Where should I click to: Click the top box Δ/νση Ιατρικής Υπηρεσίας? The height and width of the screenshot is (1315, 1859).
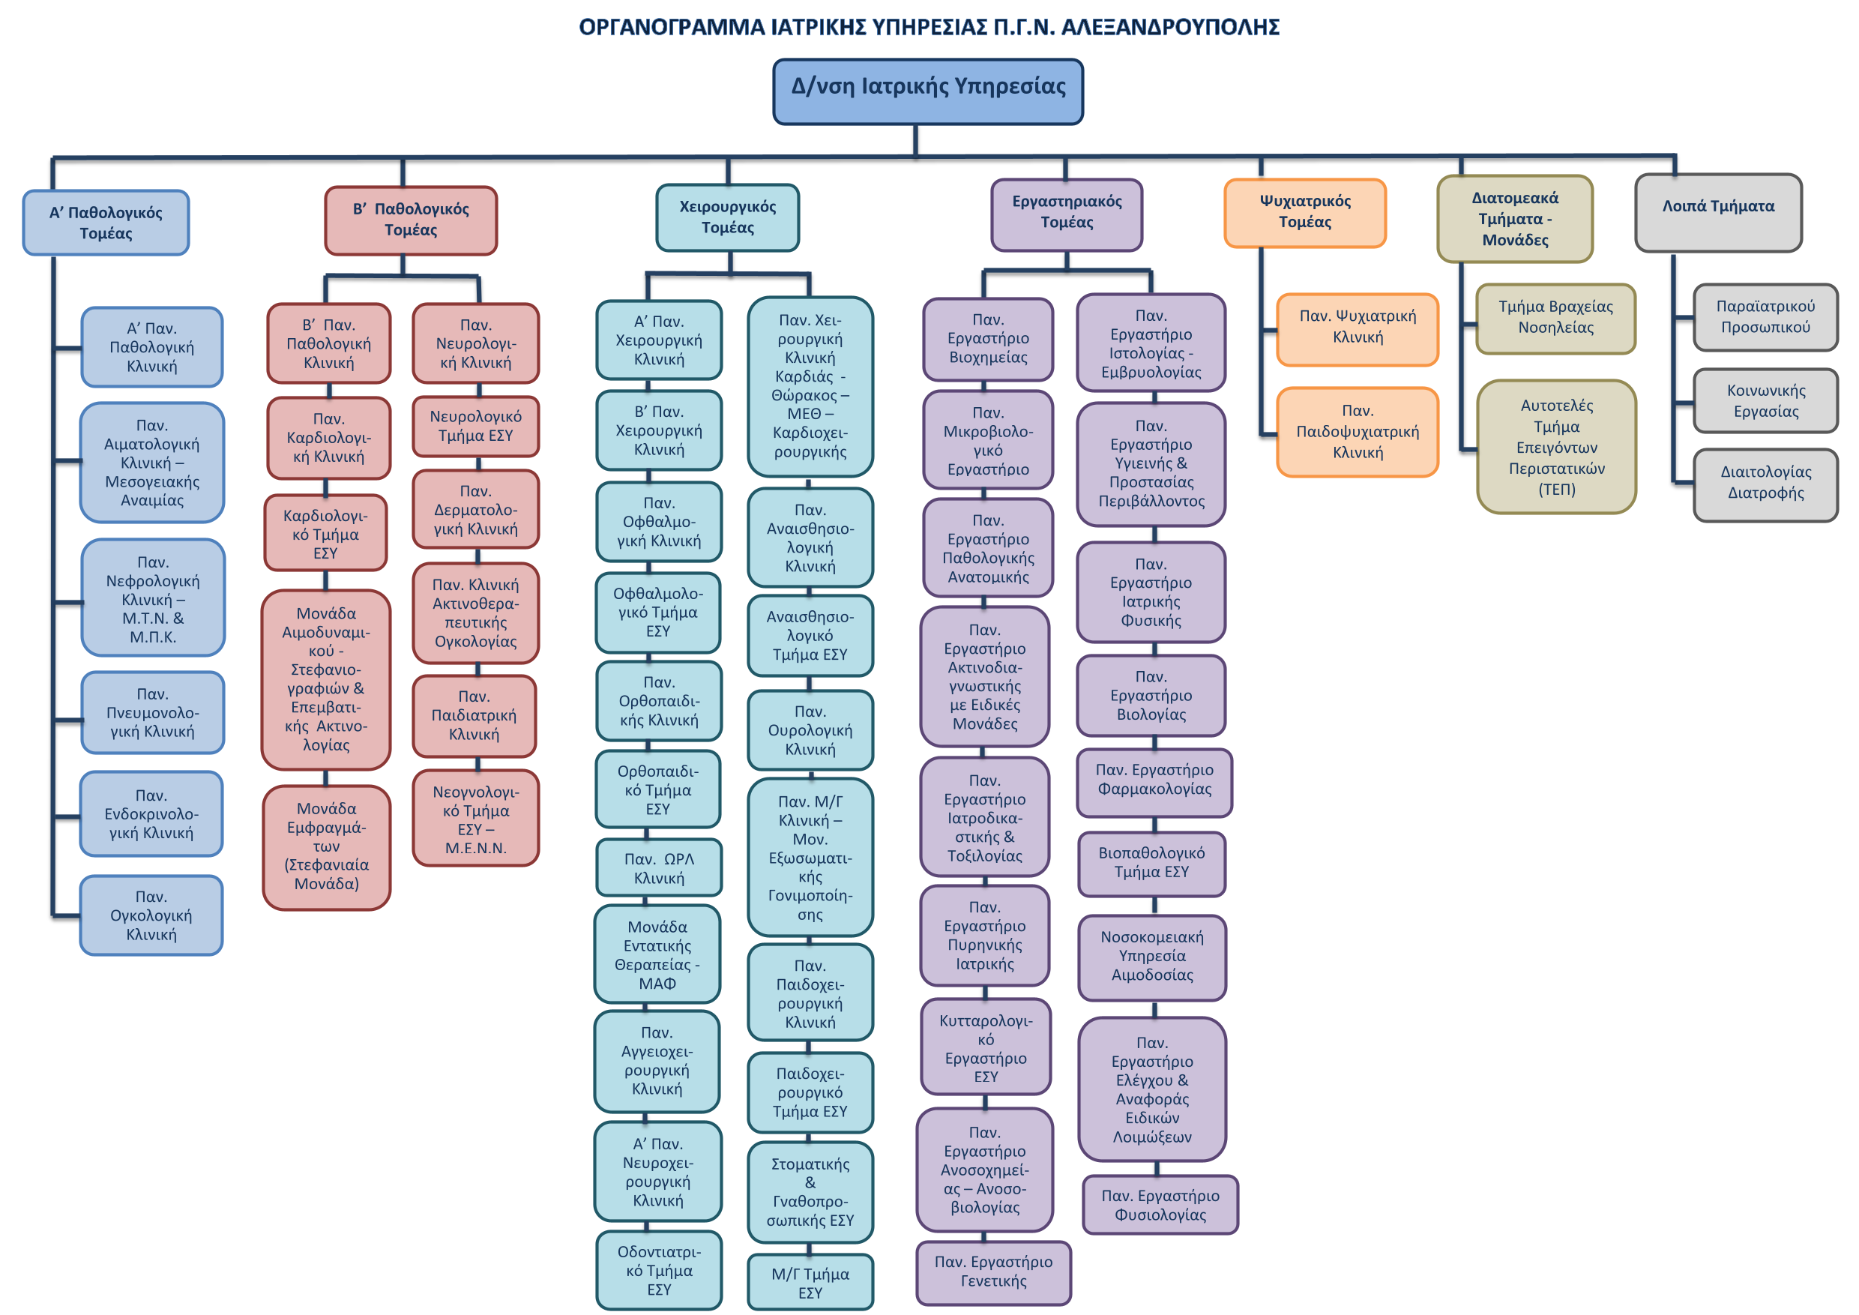tap(928, 91)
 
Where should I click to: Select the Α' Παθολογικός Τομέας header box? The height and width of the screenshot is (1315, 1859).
tap(106, 223)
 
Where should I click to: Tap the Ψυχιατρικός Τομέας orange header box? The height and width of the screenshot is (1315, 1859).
tap(1305, 213)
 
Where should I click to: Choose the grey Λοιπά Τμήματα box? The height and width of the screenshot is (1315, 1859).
tap(1718, 213)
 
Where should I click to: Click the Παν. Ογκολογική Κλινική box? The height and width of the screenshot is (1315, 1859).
tap(151, 915)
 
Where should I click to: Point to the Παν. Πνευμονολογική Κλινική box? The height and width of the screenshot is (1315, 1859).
tap(152, 712)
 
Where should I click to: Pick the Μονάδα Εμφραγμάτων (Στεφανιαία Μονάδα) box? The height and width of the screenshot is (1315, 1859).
tap(326, 847)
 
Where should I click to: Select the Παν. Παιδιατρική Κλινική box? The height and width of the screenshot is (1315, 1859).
tap(474, 716)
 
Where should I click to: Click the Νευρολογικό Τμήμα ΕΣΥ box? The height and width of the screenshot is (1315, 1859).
tap(475, 426)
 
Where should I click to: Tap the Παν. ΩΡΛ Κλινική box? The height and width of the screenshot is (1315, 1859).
tap(658, 868)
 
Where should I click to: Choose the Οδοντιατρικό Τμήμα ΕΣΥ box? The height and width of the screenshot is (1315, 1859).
tap(659, 1271)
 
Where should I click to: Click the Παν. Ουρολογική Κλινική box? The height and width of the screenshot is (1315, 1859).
tap(810, 730)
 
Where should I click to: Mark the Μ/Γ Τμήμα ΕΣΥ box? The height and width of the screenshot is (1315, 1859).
tap(810, 1283)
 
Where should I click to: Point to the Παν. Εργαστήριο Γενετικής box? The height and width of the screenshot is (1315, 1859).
tap(993, 1272)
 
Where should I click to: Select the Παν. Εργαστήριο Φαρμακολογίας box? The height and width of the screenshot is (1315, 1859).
tap(1154, 780)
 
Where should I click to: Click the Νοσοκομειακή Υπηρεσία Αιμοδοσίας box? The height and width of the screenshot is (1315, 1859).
tap(1152, 957)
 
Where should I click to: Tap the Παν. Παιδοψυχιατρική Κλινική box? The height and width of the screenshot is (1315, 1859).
tap(1358, 432)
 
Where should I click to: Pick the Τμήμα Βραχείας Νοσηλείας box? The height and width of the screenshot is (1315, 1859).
tap(1555, 317)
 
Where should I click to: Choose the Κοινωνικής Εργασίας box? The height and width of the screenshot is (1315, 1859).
tap(1766, 401)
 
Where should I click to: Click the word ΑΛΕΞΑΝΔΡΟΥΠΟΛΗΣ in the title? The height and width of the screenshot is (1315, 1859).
tap(1170, 28)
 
